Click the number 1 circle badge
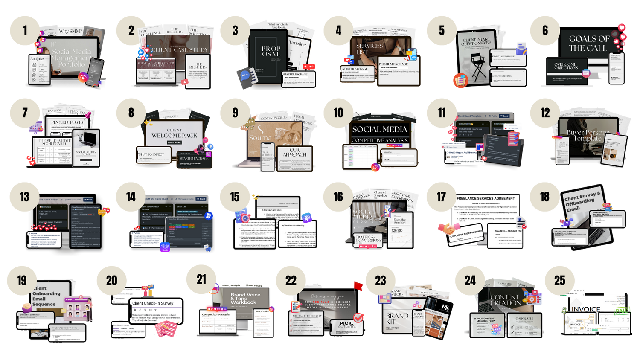click(x=25, y=30)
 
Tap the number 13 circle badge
click(x=24, y=197)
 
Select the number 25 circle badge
click(x=559, y=280)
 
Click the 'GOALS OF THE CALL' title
click(x=589, y=44)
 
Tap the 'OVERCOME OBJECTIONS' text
click(x=566, y=66)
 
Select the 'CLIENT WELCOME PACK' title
click(x=175, y=134)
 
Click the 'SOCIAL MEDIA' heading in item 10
click(x=379, y=129)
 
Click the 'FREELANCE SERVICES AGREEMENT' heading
click(x=486, y=199)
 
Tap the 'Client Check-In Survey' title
click(x=153, y=303)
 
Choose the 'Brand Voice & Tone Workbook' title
click(x=245, y=298)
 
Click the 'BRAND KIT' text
click(x=397, y=319)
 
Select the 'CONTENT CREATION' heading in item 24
click(x=505, y=300)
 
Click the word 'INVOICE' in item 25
click(x=586, y=309)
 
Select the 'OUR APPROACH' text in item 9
click(x=295, y=152)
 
